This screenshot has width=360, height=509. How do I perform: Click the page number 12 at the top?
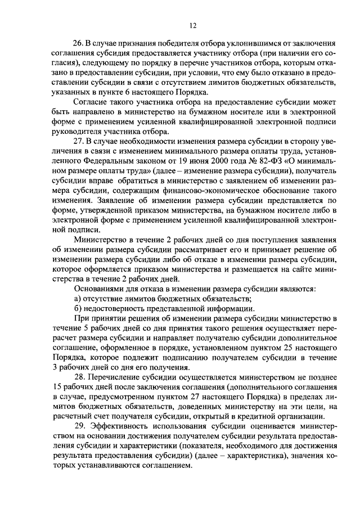193,25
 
